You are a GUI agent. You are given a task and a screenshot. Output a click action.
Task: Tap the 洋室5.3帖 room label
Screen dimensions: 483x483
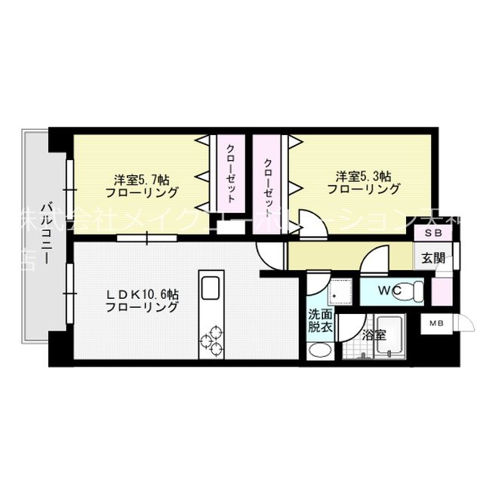pos(364,183)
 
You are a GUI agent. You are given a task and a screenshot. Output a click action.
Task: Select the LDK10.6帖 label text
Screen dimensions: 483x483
pos(142,300)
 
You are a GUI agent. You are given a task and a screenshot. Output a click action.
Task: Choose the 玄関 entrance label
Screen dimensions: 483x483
pos(432,257)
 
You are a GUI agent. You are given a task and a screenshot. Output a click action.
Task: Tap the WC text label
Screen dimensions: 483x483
pos(389,289)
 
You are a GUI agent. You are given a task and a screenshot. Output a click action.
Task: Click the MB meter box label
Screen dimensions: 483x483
pos(437,325)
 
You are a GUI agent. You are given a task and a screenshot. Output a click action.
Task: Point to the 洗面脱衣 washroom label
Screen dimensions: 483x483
pos(318,322)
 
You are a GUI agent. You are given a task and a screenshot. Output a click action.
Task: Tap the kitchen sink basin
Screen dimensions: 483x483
pos(210,288)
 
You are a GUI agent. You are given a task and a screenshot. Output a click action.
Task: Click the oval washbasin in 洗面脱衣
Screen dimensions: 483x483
pos(320,352)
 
